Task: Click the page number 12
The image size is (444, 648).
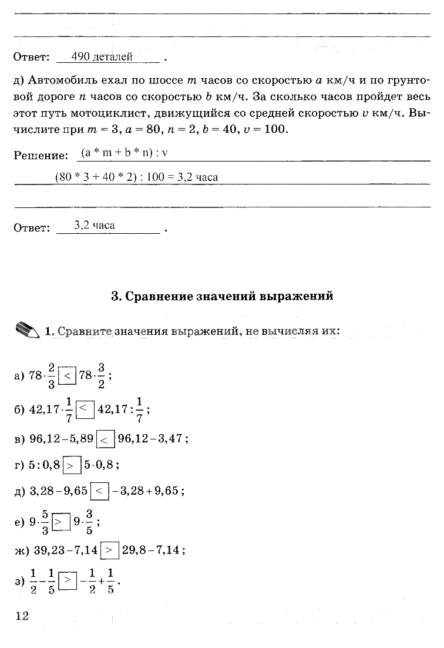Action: tap(22, 616)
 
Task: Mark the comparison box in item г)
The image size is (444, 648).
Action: tap(72, 465)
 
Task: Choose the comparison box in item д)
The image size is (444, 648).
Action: tap(100, 491)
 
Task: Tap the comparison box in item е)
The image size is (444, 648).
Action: tap(60, 521)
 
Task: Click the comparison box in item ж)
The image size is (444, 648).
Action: tap(110, 550)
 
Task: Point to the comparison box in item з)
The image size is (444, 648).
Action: tap(69, 580)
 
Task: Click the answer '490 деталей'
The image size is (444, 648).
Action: tap(102, 57)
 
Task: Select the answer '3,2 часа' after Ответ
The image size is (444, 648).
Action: tap(95, 225)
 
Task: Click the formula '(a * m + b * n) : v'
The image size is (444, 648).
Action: tap(125, 153)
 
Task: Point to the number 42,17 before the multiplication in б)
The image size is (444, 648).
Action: tap(44, 409)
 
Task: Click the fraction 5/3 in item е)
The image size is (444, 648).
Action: tap(45, 521)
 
